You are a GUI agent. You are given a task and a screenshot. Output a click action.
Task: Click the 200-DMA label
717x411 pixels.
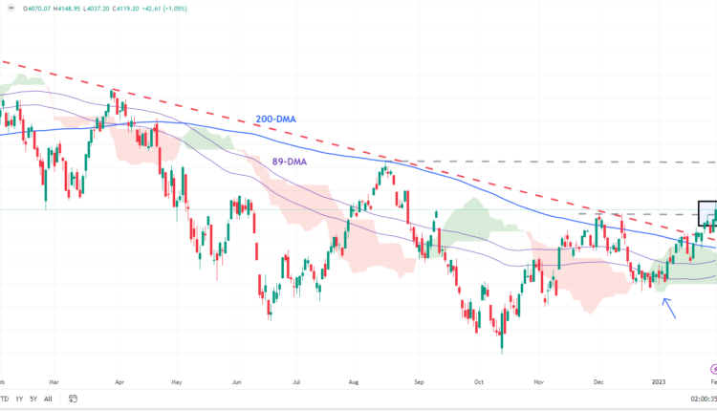(x=275, y=119)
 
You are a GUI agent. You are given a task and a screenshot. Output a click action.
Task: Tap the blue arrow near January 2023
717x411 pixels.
(x=670, y=307)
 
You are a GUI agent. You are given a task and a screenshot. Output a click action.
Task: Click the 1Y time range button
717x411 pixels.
(x=19, y=400)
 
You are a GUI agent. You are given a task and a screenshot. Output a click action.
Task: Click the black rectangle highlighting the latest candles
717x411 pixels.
(x=706, y=213)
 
